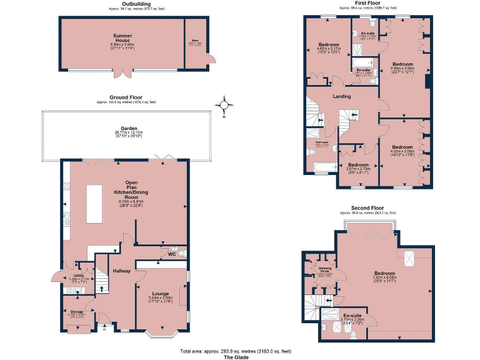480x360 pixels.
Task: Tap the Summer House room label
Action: (x=122, y=38)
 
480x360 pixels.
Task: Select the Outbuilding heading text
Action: (x=136, y=4)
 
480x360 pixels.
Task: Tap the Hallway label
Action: (x=121, y=271)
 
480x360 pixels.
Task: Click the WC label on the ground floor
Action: (x=171, y=254)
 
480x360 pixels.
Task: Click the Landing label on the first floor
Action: (x=341, y=96)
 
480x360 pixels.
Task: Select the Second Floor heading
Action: (x=368, y=207)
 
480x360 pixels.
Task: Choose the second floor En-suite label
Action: (x=352, y=316)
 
